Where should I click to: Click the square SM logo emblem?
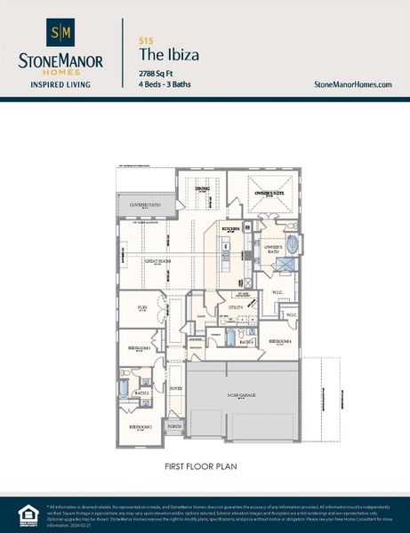tap(60, 34)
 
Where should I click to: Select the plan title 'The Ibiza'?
tap(169, 55)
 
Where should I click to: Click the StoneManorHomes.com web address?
tap(353, 84)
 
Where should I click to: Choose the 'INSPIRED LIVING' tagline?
tap(60, 86)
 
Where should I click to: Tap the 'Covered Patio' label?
tap(145, 205)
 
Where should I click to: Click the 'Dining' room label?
tap(202, 188)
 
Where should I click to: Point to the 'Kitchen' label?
tap(231, 228)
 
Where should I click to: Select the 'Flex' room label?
tap(141, 307)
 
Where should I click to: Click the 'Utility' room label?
tap(236, 307)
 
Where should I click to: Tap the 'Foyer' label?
tap(176, 387)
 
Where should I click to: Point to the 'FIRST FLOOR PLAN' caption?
tap(205, 465)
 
